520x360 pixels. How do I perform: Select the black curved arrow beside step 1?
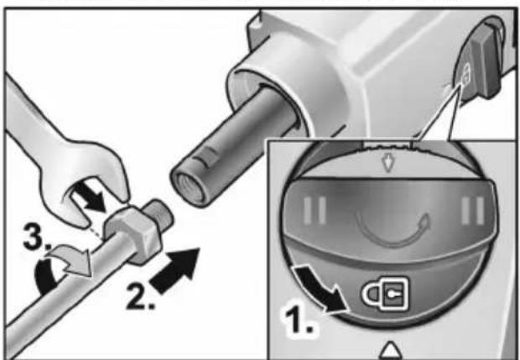[x=320, y=289]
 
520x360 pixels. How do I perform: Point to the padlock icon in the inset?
[x=385, y=293]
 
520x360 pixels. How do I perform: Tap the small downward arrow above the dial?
[x=387, y=163]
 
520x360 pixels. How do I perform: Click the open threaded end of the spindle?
[x=187, y=185]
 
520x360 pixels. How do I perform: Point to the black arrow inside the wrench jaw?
[x=89, y=197]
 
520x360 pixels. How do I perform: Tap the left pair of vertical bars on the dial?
[x=314, y=211]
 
